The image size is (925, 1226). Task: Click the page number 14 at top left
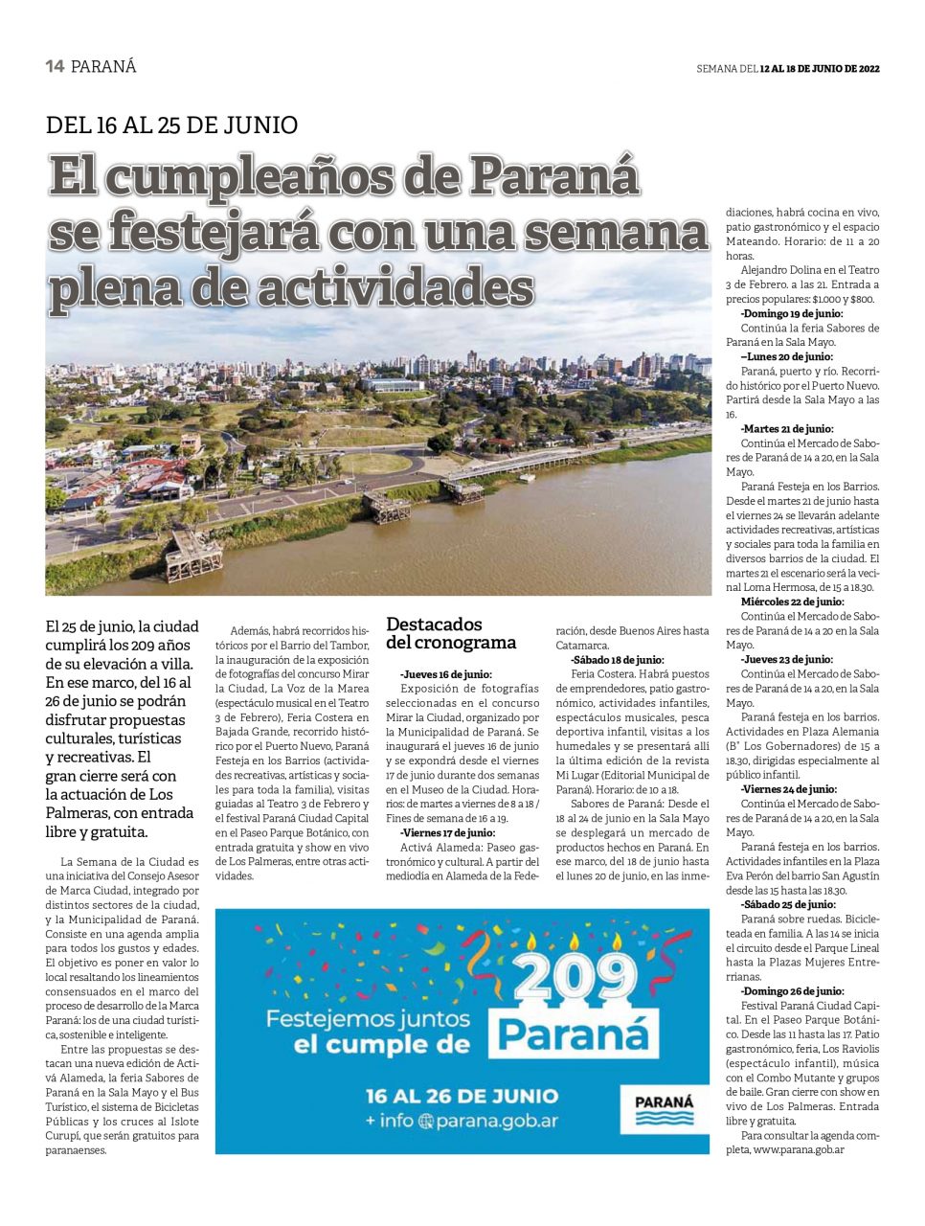click(x=55, y=66)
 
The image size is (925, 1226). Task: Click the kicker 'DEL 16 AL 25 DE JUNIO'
click(x=171, y=125)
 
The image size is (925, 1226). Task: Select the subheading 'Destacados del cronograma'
click(x=450, y=633)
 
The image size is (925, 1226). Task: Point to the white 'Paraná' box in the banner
click(x=574, y=1035)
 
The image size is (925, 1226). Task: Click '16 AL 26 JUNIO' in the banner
click(x=462, y=1096)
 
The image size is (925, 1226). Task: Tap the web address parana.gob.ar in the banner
click(x=497, y=1121)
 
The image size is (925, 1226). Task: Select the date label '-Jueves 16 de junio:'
click(x=446, y=674)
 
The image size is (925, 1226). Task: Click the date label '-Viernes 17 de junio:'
click(x=448, y=833)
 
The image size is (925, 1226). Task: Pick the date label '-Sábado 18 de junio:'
click(x=618, y=660)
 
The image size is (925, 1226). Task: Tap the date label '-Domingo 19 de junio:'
click(x=792, y=313)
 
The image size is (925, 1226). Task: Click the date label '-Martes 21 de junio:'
click(x=787, y=429)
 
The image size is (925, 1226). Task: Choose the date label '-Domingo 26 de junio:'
click(x=792, y=991)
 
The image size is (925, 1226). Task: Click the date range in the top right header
click(x=819, y=69)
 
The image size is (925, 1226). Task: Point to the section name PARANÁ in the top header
click(x=103, y=67)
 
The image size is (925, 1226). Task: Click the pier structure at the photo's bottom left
click(x=192, y=555)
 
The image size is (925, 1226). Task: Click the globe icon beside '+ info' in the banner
click(x=425, y=1122)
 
